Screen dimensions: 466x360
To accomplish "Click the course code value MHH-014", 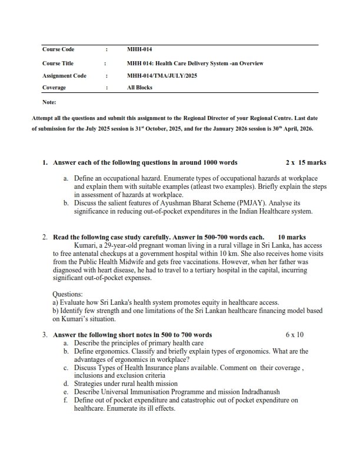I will click(135, 49).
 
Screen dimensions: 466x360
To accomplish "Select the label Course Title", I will click(58, 63).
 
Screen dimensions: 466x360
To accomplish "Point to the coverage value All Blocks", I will click(139, 88).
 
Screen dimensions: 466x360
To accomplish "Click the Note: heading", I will click(49, 102).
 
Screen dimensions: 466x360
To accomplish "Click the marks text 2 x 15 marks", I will click(306, 162).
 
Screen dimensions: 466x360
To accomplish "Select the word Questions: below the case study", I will click(68, 294).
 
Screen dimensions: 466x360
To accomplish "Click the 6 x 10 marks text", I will click(295, 335).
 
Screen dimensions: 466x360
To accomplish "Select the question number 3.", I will click(45, 335).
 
